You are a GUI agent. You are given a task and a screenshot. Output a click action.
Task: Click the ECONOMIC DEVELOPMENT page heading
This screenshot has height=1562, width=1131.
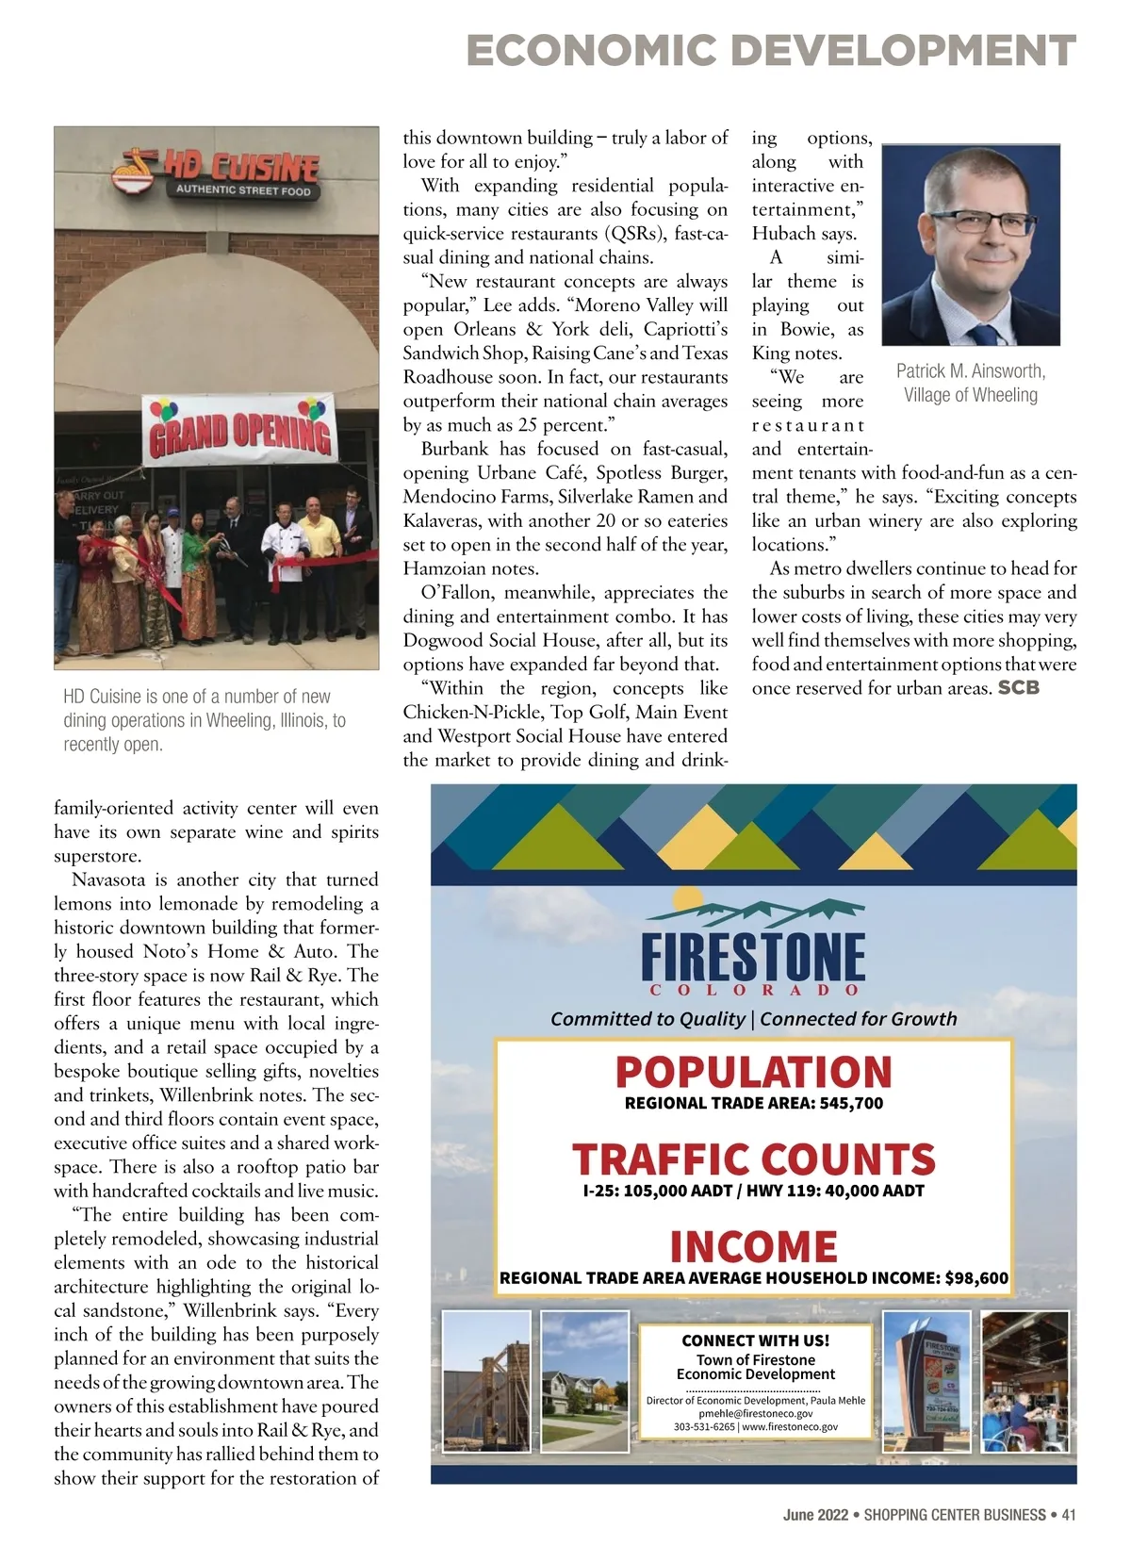coord(770,50)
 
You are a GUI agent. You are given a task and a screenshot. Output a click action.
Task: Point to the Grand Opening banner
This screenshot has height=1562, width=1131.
coord(239,429)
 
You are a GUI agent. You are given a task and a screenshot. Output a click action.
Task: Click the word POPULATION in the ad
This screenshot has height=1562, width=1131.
coord(753,1073)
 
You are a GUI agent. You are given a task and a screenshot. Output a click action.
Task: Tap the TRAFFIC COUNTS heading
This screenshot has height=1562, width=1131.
coord(753,1159)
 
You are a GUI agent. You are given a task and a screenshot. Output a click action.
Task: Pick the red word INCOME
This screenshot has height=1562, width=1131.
coord(753,1246)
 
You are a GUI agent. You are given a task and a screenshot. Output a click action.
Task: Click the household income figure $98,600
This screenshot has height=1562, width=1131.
coord(976,1278)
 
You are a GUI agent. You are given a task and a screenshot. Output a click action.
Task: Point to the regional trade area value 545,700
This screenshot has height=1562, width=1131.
coord(851,1103)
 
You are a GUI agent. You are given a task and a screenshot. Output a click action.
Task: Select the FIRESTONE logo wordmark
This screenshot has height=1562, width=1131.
coord(753,957)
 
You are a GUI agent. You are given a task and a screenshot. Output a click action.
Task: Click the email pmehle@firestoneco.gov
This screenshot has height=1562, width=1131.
coord(755,1413)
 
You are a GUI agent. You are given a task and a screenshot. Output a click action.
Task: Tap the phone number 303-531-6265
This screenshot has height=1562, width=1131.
coord(705,1426)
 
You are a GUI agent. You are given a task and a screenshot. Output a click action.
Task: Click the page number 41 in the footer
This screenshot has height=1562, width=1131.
coord(1068,1515)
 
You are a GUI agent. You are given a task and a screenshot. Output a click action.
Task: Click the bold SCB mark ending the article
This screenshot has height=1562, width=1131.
coord(1018,688)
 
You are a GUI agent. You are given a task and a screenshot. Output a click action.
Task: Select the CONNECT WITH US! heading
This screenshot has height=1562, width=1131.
coord(755,1340)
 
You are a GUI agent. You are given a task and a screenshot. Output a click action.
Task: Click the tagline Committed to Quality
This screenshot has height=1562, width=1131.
coord(647,1019)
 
